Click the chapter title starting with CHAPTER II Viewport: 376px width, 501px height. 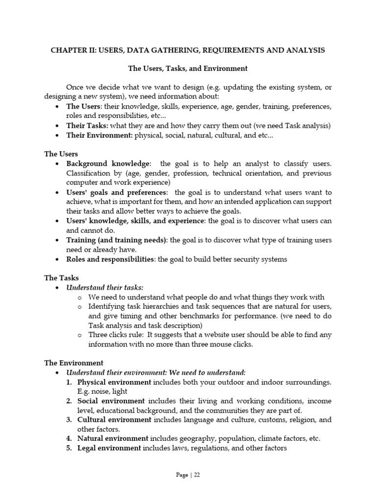[x=188, y=50]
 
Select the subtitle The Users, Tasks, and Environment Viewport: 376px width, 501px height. [x=188, y=68]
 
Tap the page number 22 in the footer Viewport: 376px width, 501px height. [x=197, y=475]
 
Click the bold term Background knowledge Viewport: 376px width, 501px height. [x=108, y=163]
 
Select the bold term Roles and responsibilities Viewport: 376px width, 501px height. [x=110, y=259]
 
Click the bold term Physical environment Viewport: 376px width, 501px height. [x=115, y=382]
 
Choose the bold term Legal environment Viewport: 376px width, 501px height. [x=109, y=448]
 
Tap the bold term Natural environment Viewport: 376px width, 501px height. [x=113, y=438]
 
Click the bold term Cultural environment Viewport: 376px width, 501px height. [x=115, y=420]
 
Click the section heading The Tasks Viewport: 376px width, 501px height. [x=61, y=278]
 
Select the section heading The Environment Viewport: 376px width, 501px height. [x=73, y=363]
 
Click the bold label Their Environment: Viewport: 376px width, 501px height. [x=99, y=135]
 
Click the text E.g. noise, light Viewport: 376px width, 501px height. [x=102, y=391]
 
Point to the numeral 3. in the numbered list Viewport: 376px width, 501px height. [x=70, y=420]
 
